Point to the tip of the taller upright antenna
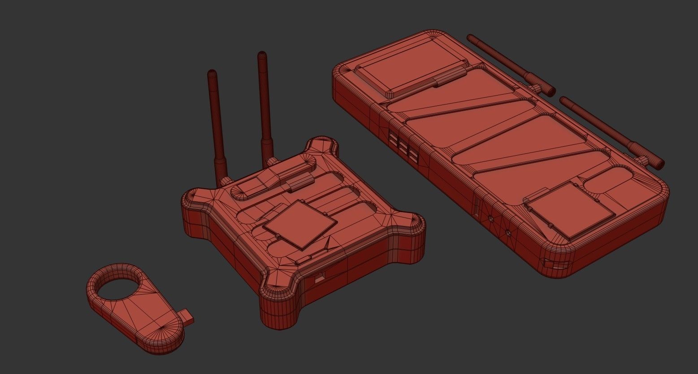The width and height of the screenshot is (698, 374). (262, 56)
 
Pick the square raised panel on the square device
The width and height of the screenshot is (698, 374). (299, 223)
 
